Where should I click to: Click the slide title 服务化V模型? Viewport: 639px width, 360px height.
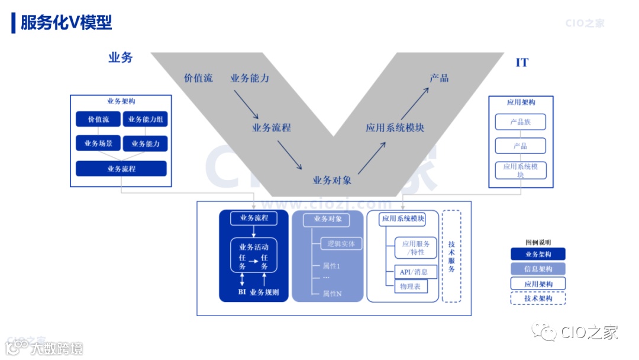pyautogui.click(x=66, y=22)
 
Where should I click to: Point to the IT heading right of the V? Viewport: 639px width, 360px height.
pyautogui.click(x=522, y=63)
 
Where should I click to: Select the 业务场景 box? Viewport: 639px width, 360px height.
pyautogui.click(x=98, y=143)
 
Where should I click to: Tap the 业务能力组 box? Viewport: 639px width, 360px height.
pyautogui.click(x=146, y=119)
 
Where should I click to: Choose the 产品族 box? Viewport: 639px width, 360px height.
pyautogui.click(x=520, y=122)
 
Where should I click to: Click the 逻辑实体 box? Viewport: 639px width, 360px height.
pyautogui.click(x=341, y=243)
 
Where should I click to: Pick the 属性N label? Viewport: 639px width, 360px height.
pyautogui.click(x=332, y=293)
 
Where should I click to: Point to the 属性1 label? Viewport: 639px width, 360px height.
pyautogui.click(x=331, y=266)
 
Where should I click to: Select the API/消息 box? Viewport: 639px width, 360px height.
pyautogui.click(x=415, y=272)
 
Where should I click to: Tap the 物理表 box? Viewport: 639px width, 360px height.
pyautogui.click(x=410, y=287)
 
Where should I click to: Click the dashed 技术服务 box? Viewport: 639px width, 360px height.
pyautogui.click(x=451, y=256)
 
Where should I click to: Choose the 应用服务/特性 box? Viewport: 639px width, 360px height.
pyautogui.click(x=416, y=247)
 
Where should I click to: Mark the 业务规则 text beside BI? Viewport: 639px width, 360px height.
pyautogui.click(x=264, y=292)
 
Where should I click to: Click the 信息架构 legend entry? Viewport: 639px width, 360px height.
pyautogui.click(x=538, y=269)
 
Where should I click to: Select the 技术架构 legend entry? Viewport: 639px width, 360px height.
pyautogui.click(x=538, y=298)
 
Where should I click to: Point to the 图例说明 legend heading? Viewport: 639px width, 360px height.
pyautogui.click(x=538, y=242)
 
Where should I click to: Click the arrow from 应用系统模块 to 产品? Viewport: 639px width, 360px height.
pyautogui.click(x=414, y=103)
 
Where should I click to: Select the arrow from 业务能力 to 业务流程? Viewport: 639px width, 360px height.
pyautogui.click(x=246, y=105)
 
